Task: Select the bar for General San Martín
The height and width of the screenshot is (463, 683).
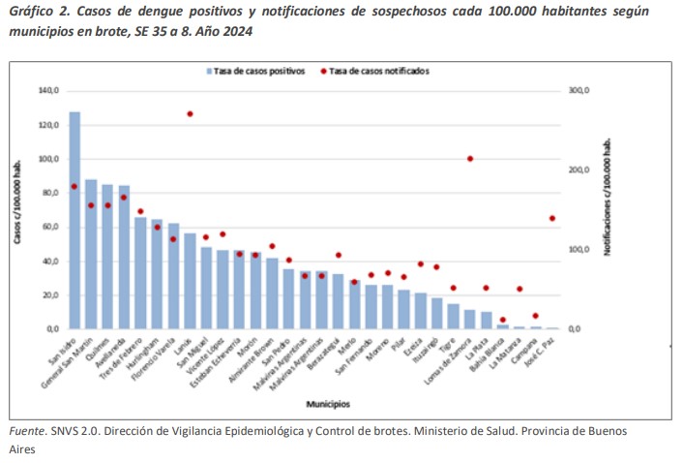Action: [x=91, y=254]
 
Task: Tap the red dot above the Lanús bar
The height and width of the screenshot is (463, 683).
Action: [x=190, y=114]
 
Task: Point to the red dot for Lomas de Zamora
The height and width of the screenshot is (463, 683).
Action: [x=470, y=159]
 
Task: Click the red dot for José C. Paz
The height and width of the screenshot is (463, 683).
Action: [x=552, y=219]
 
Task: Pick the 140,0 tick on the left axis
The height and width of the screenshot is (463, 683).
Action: [x=47, y=91]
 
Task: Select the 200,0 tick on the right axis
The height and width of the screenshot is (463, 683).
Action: [x=579, y=170]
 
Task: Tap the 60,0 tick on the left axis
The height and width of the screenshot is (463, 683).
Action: [x=49, y=228]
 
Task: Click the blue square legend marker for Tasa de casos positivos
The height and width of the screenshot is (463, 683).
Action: [x=208, y=71]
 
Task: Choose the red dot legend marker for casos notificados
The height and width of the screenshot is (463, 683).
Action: [x=324, y=71]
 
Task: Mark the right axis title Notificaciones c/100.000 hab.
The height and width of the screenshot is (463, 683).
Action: [x=608, y=209]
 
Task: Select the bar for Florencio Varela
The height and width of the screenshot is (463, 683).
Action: [x=173, y=276]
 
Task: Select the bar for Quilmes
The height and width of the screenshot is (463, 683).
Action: [x=107, y=257]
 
